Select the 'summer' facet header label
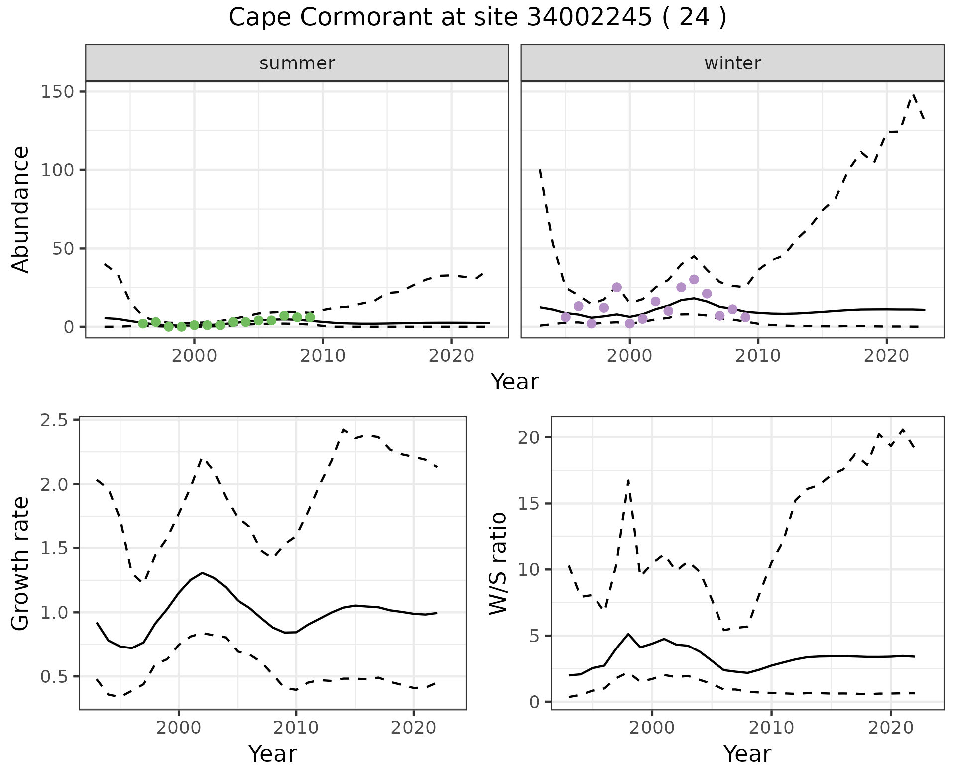tap(297, 63)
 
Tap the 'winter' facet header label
tap(732, 63)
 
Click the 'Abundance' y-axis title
tap(21, 209)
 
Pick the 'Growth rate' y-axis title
tap(21, 563)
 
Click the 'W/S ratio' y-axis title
tap(498, 563)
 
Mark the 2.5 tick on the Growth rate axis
tap(55, 420)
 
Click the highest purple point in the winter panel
tap(694, 279)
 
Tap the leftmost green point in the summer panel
tap(143, 323)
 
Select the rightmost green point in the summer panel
tap(310, 317)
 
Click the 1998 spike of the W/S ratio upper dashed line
tap(628, 480)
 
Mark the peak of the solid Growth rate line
tap(202, 573)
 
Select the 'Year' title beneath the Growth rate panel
tap(272, 754)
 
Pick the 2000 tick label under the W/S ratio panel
tap(652, 728)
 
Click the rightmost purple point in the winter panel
tap(745, 317)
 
